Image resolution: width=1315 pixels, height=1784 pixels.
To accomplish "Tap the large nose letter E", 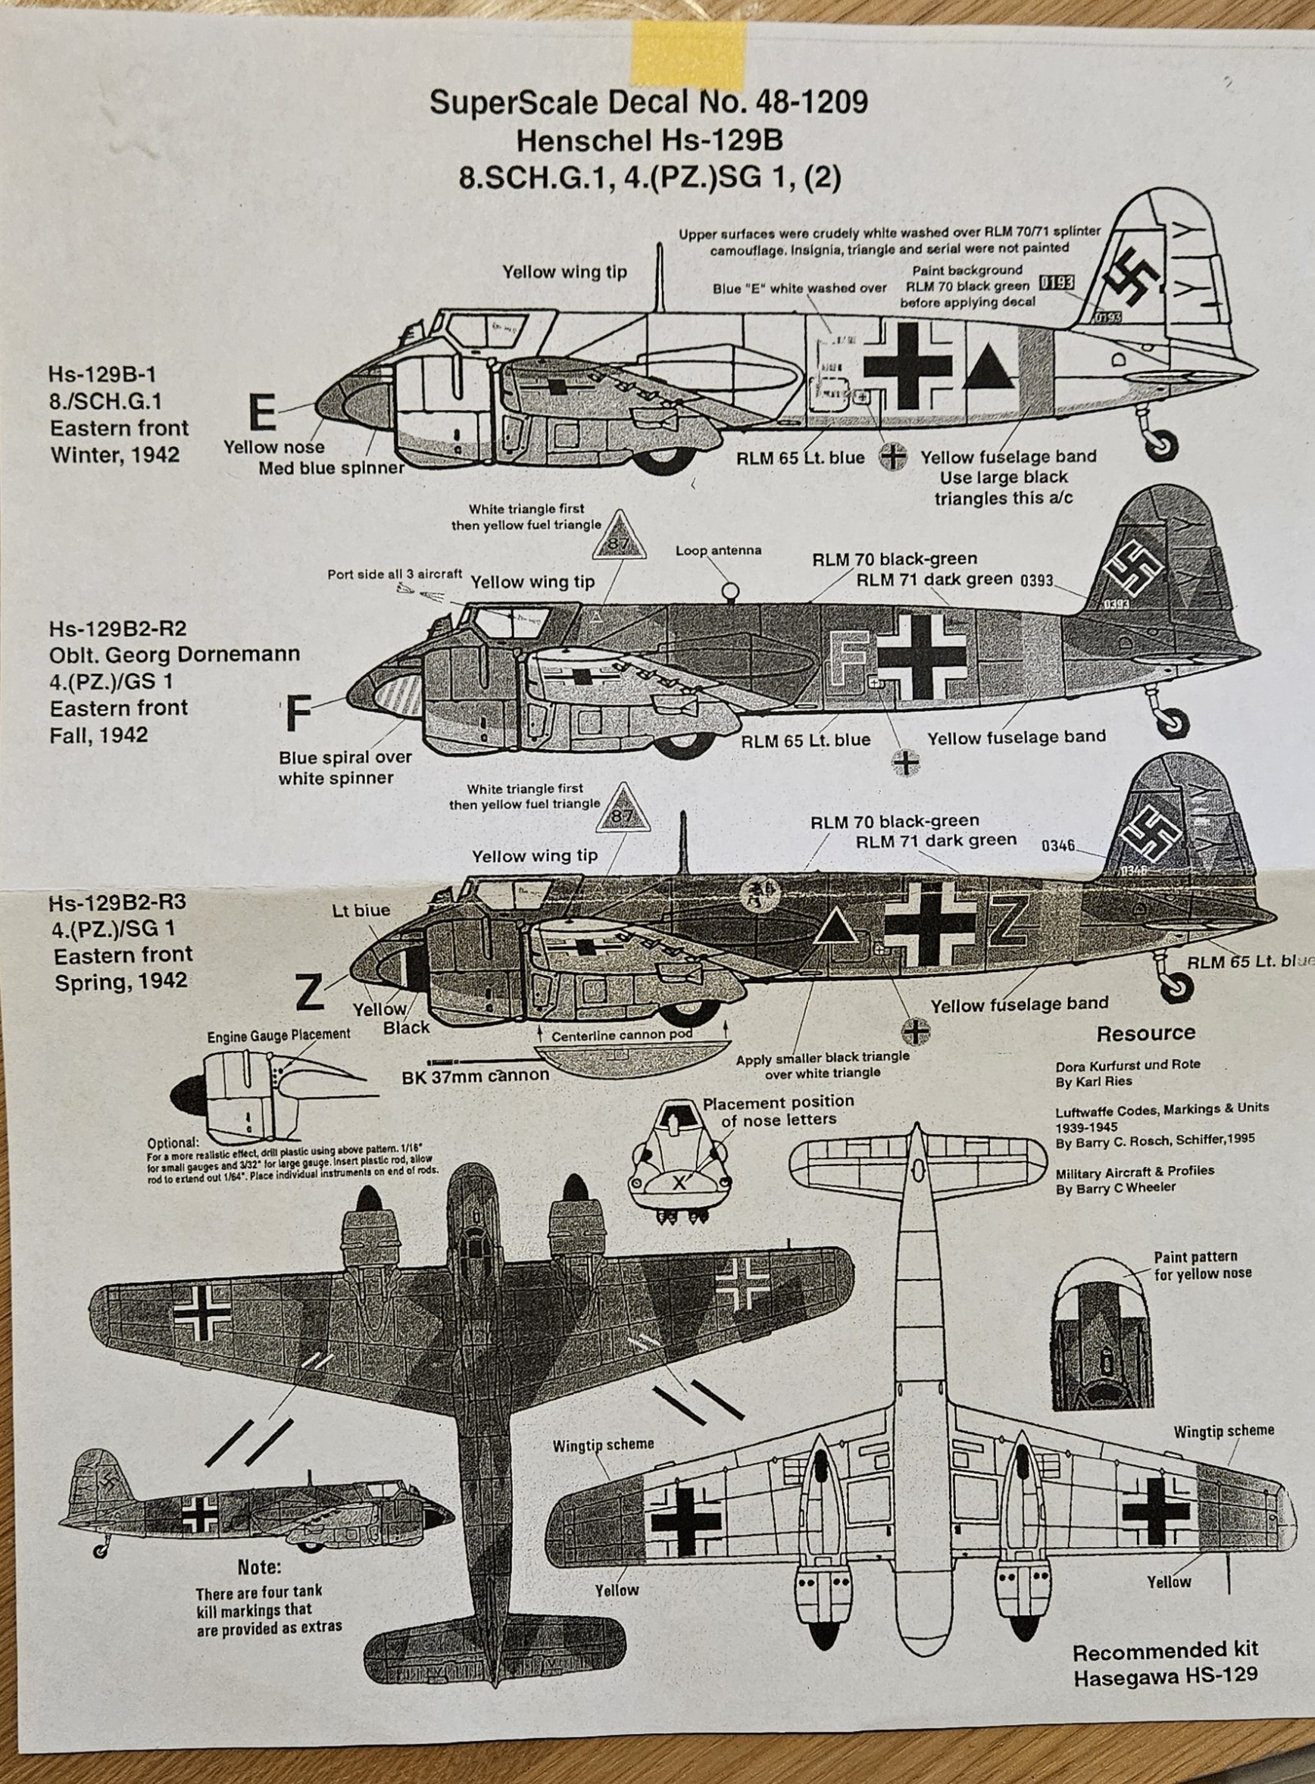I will tap(262, 413).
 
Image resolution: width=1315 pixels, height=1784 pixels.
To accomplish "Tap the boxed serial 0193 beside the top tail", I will tap(1056, 283).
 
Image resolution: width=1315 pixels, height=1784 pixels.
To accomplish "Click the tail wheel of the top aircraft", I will tap(1163, 445).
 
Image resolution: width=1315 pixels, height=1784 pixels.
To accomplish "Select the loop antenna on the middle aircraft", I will tap(729, 592).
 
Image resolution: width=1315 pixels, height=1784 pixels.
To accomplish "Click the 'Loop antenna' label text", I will tap(718, 550).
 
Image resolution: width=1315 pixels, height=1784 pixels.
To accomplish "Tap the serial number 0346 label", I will tap(1058, 845).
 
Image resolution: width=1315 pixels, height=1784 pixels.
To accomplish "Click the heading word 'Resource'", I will tap(1145, 1033).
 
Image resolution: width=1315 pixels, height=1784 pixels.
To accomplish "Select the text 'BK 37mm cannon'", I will tap(475, 1075).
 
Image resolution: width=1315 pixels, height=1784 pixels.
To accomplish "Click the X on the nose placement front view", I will tap(679, 1183).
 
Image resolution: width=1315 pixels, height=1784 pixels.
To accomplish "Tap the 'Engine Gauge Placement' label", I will tap(278, 1034).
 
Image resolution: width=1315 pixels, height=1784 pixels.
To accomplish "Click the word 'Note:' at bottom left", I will tap(260, 1567).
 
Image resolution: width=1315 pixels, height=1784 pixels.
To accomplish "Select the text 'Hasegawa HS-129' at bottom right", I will tap(1165, 1675).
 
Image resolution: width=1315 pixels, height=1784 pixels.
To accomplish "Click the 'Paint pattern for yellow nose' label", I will tap(1201, 1265).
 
